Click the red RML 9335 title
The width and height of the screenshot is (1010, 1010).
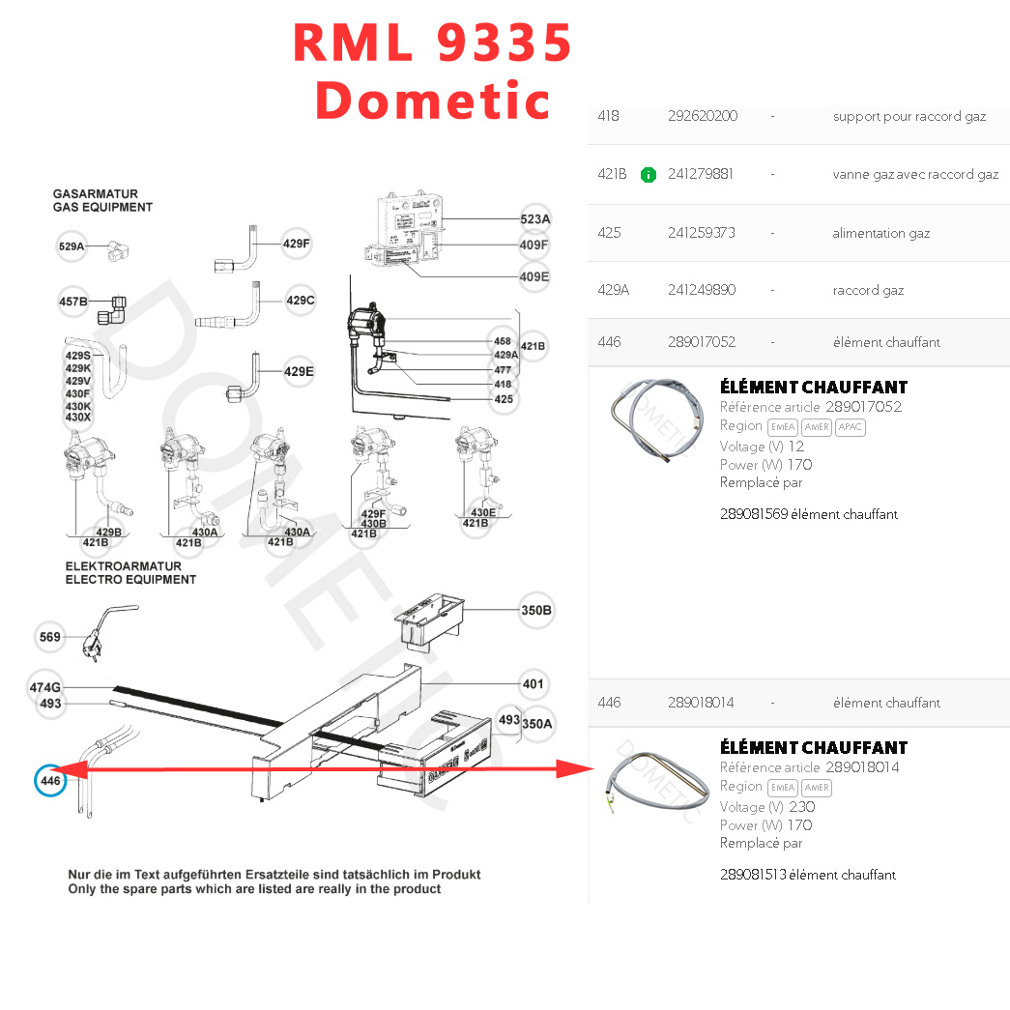pos(432,43)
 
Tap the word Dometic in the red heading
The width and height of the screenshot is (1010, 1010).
pos(432,100)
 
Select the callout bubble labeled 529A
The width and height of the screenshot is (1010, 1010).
pos(72,247)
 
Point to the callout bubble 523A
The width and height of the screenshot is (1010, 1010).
pos(534,219)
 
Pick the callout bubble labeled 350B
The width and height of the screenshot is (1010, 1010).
pos(536,611)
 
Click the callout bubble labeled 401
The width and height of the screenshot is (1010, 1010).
pos(533,684)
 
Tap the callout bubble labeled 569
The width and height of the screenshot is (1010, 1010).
pos(49,637)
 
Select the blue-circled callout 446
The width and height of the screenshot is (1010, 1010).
pos(50,780)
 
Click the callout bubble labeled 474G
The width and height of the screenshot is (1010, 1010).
pos(45,687)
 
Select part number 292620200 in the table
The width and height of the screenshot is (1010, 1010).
pos(702,116)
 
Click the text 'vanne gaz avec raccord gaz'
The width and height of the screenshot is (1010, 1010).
pos(914,175)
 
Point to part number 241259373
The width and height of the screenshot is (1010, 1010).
pos(701,233)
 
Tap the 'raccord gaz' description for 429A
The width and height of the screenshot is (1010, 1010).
pos(868,290)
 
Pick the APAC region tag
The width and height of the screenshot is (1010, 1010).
pos(850,427)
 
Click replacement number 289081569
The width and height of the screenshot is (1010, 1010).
pos(754,514)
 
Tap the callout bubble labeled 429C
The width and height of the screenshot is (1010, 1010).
pos(301,301)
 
